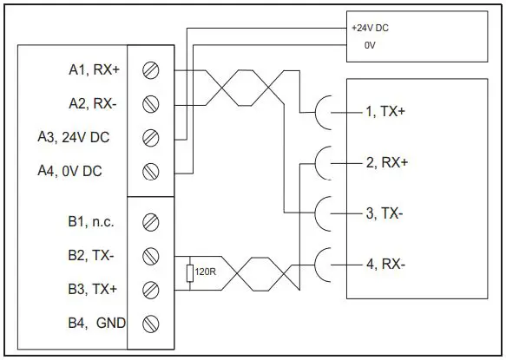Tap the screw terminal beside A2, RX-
150,103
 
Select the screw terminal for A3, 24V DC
150,137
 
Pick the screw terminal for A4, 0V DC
150,171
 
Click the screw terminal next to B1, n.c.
150,222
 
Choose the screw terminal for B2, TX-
150,256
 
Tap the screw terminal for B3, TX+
150,289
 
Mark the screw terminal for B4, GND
150,323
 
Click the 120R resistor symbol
189,273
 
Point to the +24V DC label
371,28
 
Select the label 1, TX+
384,112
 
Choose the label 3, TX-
383,213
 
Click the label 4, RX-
383,263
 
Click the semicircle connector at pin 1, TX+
322,112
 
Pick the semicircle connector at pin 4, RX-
322,263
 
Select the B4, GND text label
96,323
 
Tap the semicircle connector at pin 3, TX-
322,213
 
